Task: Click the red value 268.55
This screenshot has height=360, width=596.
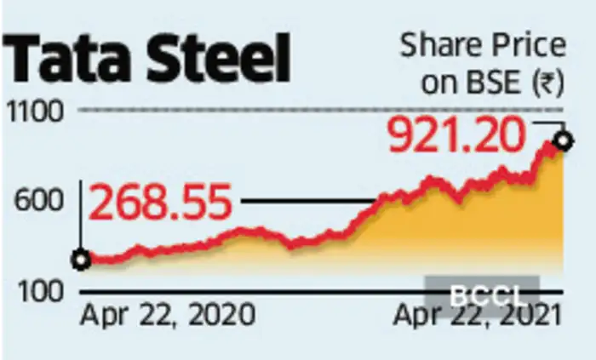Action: pyautogui.click(x=161, y=205)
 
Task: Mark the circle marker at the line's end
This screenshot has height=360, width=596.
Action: pyautogui.click(x=562, y=140)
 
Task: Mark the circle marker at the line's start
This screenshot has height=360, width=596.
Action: pyautogui.click(x=81, y=260)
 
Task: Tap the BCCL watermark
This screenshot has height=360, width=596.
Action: pyautogui.click(x=482, y=295)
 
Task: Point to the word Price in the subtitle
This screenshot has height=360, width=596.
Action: pyautogui.click(x=526, y=46)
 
